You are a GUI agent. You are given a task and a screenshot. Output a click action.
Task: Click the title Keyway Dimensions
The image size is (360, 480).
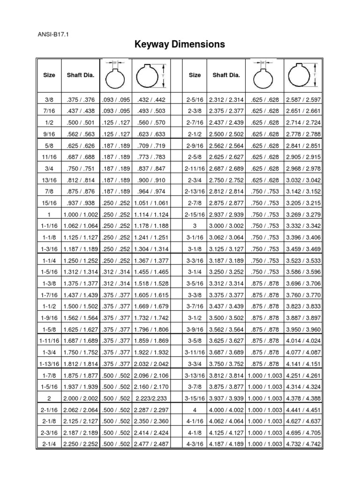click(180, 45)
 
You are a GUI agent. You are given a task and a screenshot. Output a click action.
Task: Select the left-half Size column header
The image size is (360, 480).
click(49, 75)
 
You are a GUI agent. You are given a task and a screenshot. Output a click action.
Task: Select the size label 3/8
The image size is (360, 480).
click(49, 100)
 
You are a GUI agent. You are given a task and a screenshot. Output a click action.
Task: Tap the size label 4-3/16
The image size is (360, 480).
click(195, 443)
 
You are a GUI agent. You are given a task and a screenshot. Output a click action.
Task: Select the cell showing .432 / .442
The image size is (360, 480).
click(150, 100)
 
